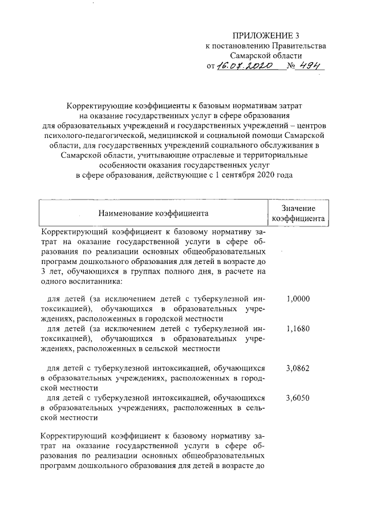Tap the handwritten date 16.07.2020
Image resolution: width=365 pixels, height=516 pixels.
(x=248, y=67)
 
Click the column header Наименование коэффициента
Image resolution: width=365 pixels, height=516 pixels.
(x=153, y=214)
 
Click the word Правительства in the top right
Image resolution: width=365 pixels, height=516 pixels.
(x=299, y=46)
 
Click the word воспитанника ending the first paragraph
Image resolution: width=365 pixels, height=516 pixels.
(x=86, y=281)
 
